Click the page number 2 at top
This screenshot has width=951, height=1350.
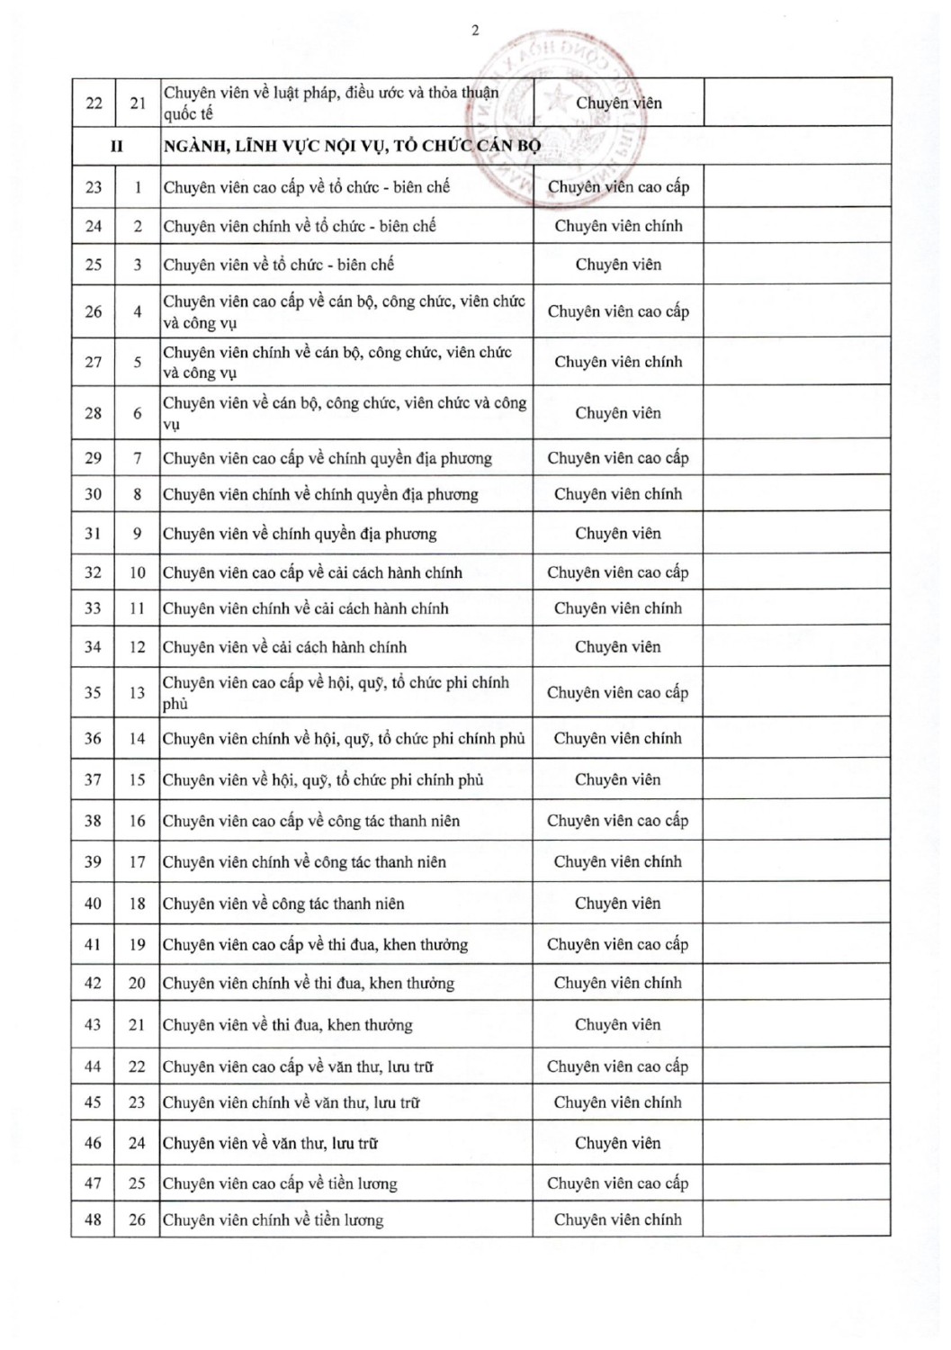[x=475, y=31]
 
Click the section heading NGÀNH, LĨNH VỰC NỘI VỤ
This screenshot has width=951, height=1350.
[x=351, y=146]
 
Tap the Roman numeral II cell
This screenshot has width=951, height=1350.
[x=116, y=146]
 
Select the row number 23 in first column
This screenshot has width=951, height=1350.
[x=94, y=187]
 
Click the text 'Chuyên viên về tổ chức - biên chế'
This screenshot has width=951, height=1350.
[x=278, y=265]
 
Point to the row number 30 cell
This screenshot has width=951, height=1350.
[x=94, y=494]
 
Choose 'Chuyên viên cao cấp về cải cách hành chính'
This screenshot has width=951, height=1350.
[x=312, y=572]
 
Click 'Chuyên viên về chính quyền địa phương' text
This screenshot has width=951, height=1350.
[x=300, y=534]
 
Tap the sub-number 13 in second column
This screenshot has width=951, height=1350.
[x=137, y=692]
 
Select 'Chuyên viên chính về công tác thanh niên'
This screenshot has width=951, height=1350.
[x=304, y=861]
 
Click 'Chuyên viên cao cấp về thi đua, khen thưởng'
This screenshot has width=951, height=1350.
[x=315, y=944]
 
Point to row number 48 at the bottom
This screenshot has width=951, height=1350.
[x=94, y=1219]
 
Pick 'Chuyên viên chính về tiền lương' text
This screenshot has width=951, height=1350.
[x=273, y=1220]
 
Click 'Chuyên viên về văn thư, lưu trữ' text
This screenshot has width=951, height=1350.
[x=270, y=1143]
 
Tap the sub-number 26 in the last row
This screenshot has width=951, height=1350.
[x=137, y=1219]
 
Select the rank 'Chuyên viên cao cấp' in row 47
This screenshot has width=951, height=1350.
[x=618, y=1183]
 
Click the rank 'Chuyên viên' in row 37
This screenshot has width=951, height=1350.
[x=618, y=779]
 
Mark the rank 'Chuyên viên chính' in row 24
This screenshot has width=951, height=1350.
[x=618, y=226]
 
